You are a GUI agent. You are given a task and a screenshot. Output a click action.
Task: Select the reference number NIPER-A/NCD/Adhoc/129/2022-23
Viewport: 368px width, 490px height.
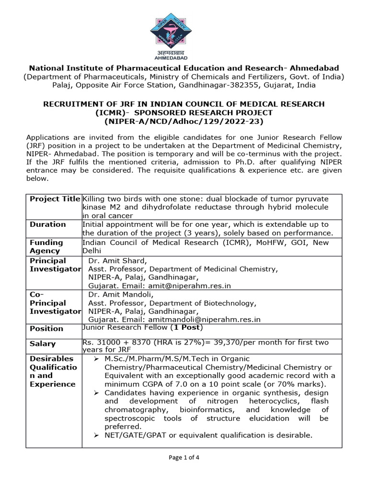click(x=184, y=121)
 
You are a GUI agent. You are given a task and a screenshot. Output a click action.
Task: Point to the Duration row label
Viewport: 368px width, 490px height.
click(x=48, y=224)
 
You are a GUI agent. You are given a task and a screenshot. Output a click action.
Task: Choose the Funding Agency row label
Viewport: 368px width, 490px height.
click(x=46, y=246)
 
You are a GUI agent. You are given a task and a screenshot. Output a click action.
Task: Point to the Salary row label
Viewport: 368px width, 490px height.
click(x=43, y=344)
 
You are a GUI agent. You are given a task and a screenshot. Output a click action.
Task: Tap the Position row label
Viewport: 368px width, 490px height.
click(x=46, y=328)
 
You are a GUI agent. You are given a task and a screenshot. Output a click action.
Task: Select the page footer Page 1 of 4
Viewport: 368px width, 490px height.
click(x=184, y=457)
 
